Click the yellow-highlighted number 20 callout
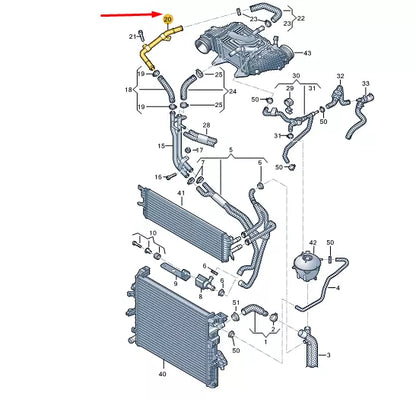pos(167,20)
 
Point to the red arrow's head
pos(160,15)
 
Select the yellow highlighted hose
pos(152,50)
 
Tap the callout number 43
pos(307,53)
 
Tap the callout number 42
pos(312,243)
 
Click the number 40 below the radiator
pos(162,374)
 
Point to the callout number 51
pos(236,301)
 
